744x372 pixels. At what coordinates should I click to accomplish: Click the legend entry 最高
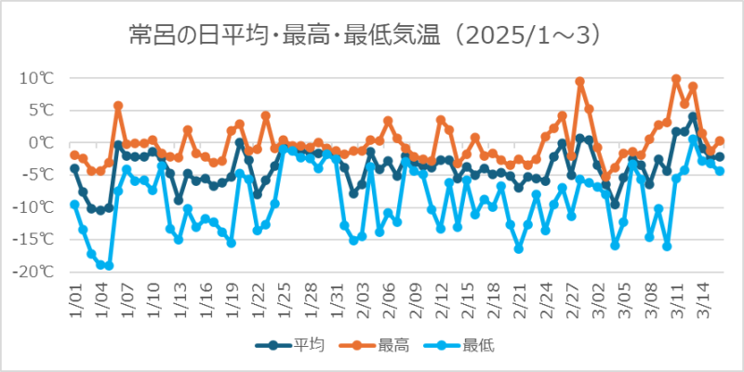[391, 345]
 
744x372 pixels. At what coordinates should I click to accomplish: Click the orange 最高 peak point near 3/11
[676, 79]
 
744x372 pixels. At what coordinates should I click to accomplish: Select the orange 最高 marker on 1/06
[118, 106]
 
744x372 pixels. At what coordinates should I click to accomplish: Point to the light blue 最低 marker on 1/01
[74, 205]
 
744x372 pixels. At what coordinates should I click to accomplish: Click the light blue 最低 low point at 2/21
[519, 248]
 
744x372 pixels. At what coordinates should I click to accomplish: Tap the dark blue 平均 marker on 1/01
[74, 168]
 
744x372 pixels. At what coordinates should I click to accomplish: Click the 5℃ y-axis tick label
[41, 110]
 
